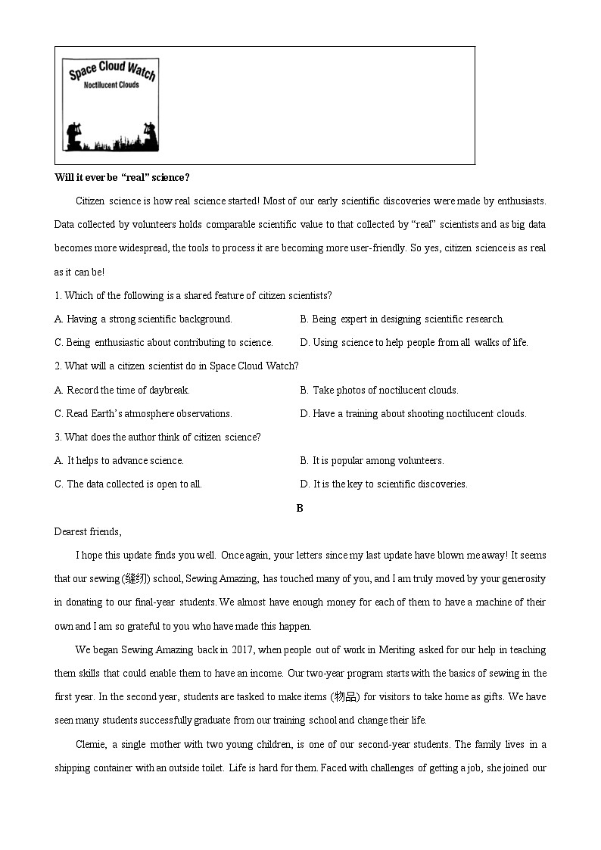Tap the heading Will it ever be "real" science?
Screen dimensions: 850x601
coord(122,177)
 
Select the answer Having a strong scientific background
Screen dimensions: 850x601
coord(143,319)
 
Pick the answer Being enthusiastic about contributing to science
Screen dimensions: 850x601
coord(163,342)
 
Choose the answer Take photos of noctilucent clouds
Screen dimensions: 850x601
coord(378,390)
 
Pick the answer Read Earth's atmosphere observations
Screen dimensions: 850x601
coord(143,413)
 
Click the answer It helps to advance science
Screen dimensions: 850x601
coord(119,460)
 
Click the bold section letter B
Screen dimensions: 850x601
coord(300,508)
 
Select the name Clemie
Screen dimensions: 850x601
coord(92,744)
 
